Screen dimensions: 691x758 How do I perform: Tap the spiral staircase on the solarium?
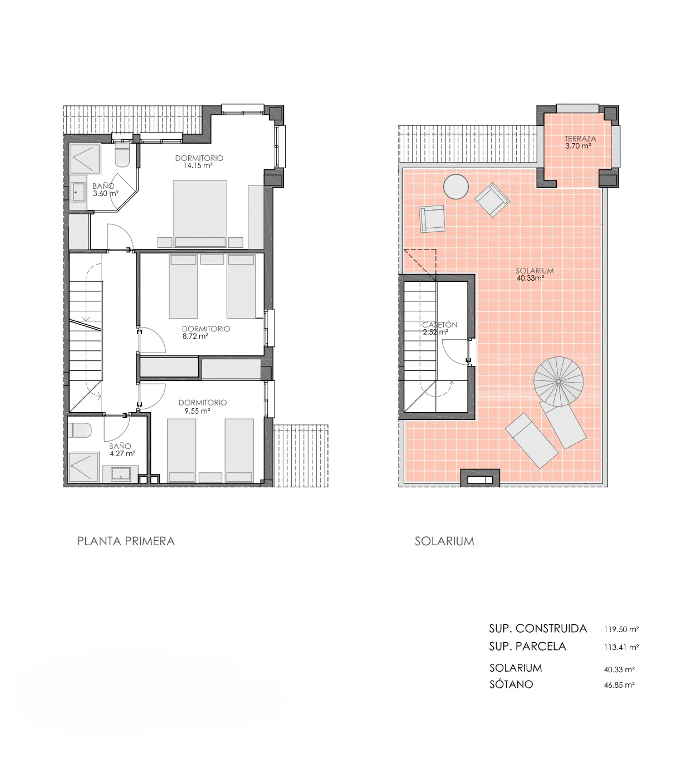558,382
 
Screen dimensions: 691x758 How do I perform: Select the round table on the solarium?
455,186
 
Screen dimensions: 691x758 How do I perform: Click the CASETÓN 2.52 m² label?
439,328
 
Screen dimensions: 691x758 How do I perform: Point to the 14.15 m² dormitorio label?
199,162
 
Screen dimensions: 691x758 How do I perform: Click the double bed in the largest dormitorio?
200,213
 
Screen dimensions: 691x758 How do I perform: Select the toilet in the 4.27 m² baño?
79,431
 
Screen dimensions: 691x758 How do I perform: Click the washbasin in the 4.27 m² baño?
120,474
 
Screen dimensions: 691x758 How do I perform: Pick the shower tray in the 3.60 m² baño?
84,159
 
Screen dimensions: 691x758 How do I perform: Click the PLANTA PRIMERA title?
126,541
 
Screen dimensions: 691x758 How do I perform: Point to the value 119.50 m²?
621,629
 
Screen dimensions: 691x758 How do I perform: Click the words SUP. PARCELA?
527,647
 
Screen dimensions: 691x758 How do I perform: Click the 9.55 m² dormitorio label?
203,407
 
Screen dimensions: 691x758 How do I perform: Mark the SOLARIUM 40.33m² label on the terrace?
534,275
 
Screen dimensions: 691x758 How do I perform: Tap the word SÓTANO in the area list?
511,684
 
